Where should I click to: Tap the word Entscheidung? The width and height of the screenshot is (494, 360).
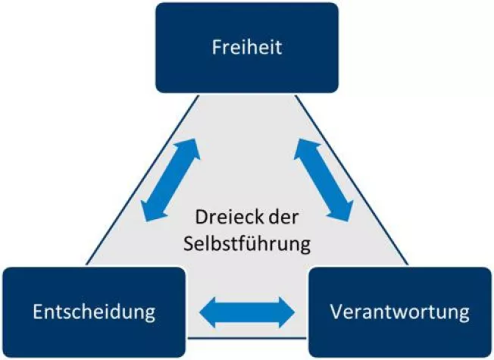(95, 311)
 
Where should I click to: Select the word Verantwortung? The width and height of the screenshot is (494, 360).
(400, 311)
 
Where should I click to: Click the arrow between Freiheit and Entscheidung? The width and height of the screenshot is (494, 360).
(171, 180)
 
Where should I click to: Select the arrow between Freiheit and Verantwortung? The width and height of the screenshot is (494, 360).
(324, 180)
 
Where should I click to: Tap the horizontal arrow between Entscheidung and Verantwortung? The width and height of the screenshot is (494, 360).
(246, 311)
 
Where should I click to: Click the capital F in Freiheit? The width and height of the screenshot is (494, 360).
(214, 48)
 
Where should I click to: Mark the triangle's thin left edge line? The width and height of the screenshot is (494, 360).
(129, 197)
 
